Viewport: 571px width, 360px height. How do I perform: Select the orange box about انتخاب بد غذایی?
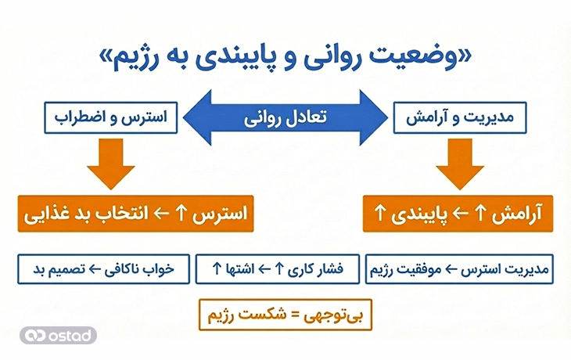point(137,214)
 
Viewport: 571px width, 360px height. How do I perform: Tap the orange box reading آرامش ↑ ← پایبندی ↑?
point(458,214)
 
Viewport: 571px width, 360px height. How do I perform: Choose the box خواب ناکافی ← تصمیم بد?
point(102,269)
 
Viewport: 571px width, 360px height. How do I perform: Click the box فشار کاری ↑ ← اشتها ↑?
point(278,269)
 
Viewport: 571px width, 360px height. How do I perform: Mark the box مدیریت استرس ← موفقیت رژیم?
point(459,269)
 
